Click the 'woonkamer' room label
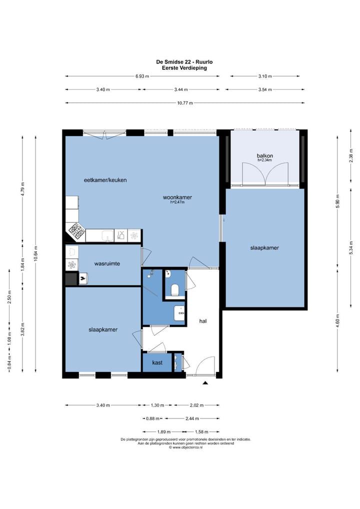coord(177,197)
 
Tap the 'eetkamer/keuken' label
coord(105,180)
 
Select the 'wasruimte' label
coord(107,263)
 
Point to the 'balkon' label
coord(265,156)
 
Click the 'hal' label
coord(203,321)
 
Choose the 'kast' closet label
coord(157,362)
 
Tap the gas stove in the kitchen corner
coord(76,231)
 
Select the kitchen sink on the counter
coord(107,235)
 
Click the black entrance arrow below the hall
coord(205,383)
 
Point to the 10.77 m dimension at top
coord(184,103)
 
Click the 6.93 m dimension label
coord(142,76)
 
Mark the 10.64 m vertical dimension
coord(35,253)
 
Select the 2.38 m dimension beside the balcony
coord(350,155)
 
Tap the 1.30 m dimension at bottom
coord(157,405)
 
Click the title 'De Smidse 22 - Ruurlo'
coord(184,61)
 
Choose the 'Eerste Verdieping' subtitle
coord(184,68)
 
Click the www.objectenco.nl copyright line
coord(185,447)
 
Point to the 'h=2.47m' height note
coord(177,202)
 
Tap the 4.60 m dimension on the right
coord(337,321)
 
